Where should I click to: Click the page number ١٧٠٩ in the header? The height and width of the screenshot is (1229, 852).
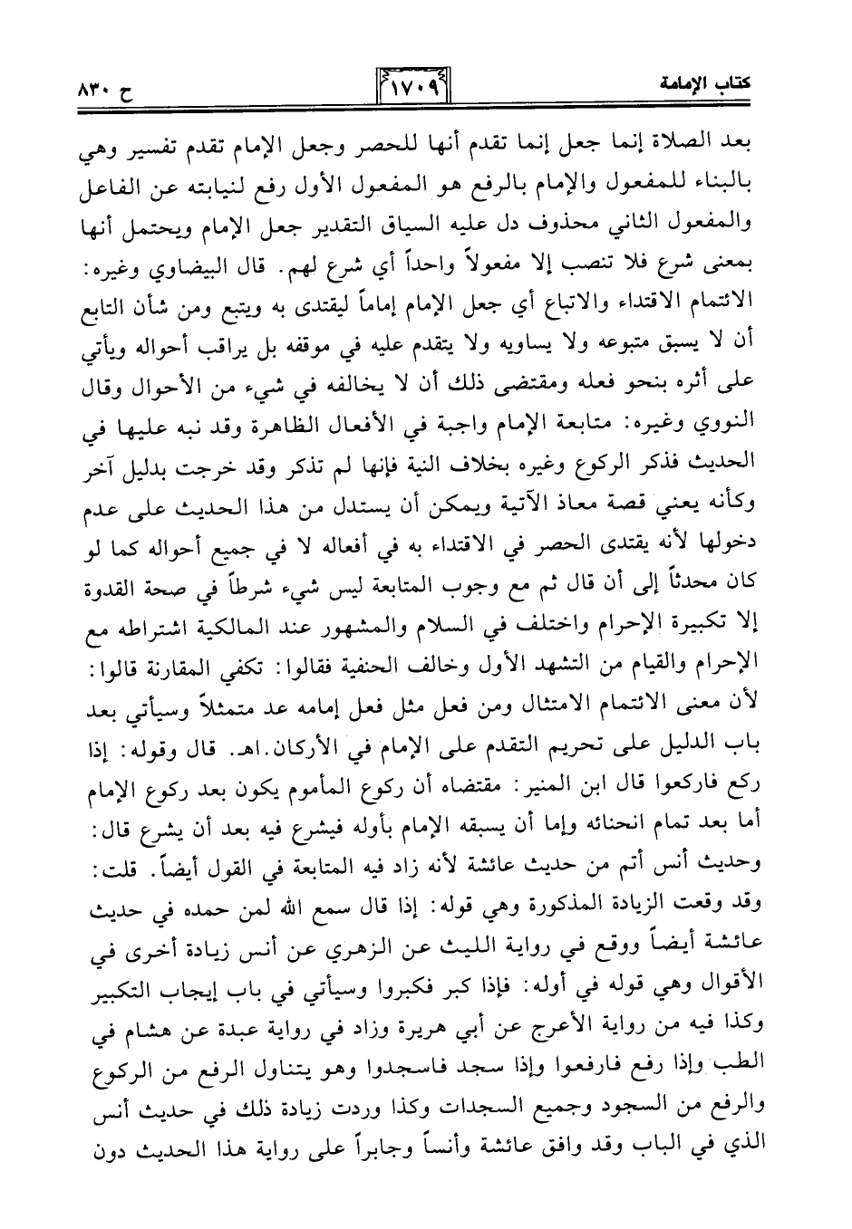(x=413, y=88)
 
